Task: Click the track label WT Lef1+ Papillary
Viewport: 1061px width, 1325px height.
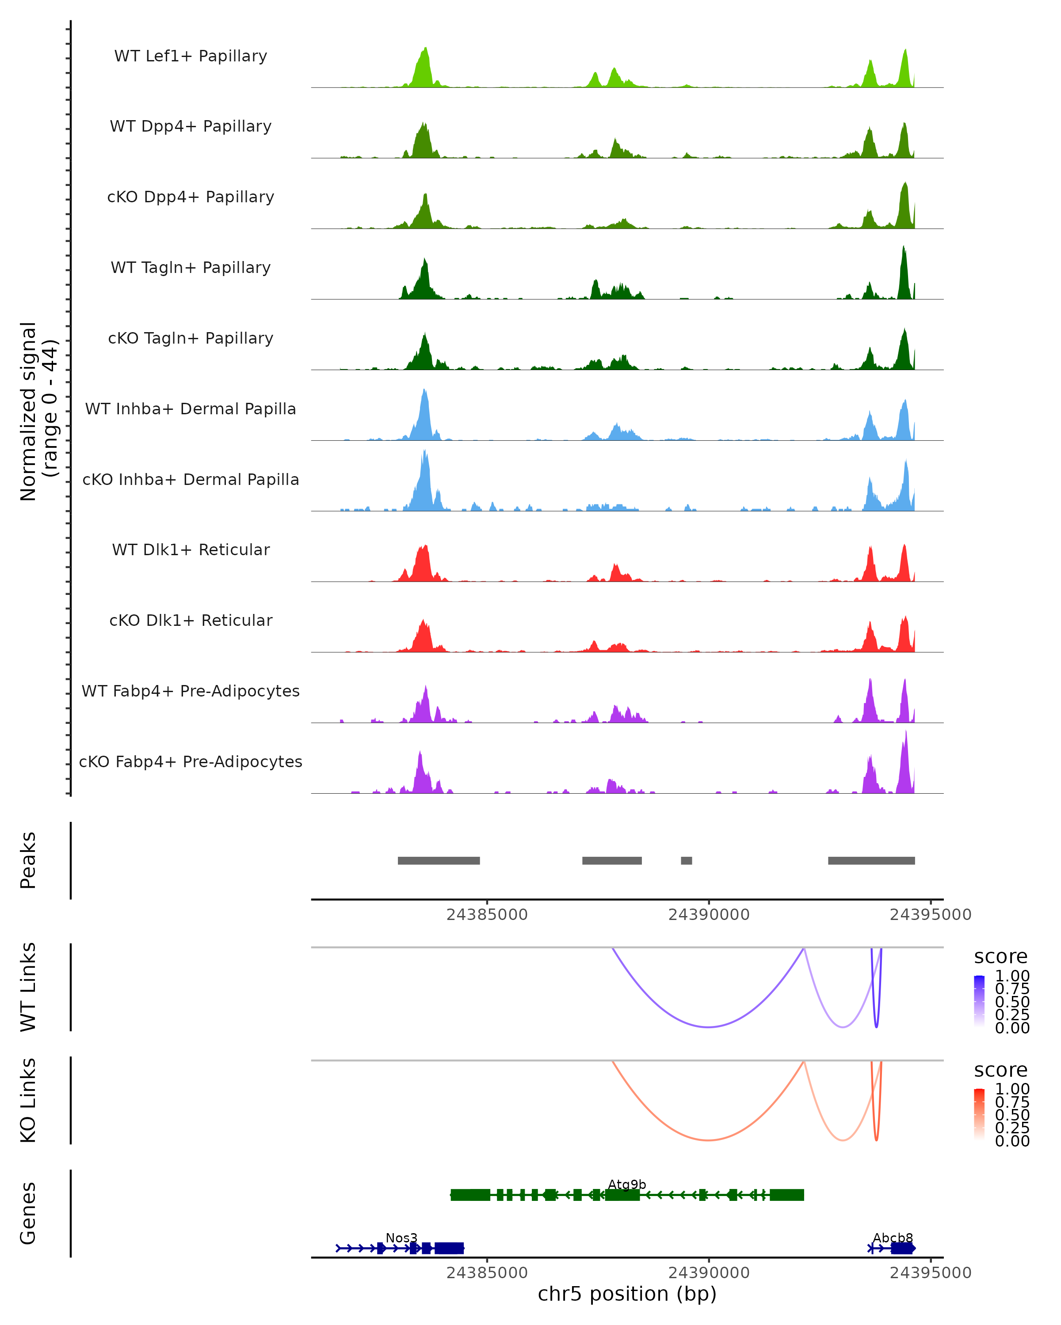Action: coord(191,56)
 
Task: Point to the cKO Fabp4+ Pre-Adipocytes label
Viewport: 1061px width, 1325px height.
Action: coord(191,761)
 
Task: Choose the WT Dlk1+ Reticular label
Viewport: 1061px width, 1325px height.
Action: coord(191,549)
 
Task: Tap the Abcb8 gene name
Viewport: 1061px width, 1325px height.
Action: coord(893,1238)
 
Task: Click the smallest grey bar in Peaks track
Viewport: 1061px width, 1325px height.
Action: coord(687,860)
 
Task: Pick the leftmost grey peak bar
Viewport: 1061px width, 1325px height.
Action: coord(439,860)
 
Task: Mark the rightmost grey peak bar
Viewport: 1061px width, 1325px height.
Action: coord(871,860)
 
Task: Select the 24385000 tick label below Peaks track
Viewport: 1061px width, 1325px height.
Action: coord(487,915)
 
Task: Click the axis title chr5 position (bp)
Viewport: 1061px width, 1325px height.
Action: coord(627,1294)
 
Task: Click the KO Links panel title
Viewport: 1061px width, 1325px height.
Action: coord(28,1100)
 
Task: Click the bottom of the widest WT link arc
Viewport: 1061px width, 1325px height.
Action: coord(709,1027)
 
